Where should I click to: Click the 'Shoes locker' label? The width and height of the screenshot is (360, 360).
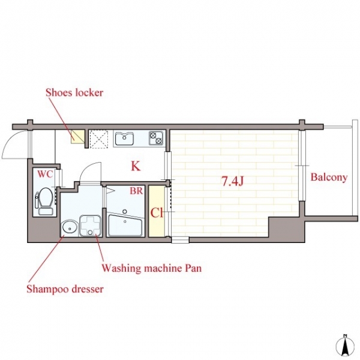point(74,93)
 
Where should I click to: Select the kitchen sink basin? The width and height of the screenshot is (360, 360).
point(124,138)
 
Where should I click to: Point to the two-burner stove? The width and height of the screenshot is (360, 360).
point(156,138)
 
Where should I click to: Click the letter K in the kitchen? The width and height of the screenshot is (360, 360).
point(136,166)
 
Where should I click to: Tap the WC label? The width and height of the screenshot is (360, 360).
point(45,174)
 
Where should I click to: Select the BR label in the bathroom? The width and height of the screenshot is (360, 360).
point(136,191)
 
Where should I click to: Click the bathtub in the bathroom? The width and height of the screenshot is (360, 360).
point(125,225)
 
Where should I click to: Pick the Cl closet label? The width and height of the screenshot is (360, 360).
point(157,213)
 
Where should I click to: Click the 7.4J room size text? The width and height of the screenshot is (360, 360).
point(232,182)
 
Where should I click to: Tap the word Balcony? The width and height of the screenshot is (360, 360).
point(329,178)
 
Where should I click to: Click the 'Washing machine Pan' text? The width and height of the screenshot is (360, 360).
point(152,268)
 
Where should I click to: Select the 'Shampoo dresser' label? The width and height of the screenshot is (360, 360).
point(65,289)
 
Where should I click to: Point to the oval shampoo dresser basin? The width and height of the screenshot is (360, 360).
point(69,227)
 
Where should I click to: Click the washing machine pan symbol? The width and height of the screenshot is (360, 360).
point(90,226)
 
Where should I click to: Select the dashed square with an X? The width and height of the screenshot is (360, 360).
point(99,139)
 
